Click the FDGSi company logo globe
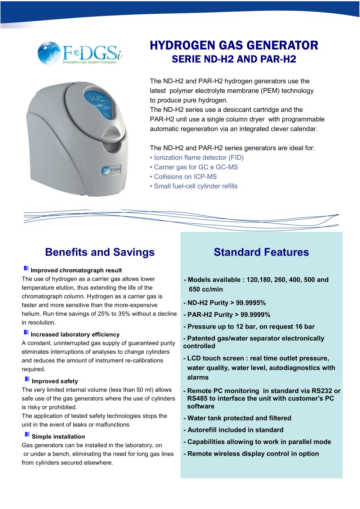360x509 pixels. click(49, 53)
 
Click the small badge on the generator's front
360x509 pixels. click(111, 170)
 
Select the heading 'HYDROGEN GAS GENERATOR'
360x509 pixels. click(234, 45)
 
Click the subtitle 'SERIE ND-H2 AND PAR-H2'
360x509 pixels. click(234, 59)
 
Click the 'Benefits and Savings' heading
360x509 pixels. click(100, 252)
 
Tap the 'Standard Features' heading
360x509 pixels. click(261, 252)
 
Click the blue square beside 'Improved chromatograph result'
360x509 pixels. click(26, 268)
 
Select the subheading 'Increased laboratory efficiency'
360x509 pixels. click(75, 334)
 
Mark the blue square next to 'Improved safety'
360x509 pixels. click(27, 379)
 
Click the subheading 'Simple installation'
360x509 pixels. click(58, 437)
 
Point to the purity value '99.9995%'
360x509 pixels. click(251, 303)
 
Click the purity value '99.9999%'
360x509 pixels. click(255, 315)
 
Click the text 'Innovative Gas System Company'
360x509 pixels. click(89, 62)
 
